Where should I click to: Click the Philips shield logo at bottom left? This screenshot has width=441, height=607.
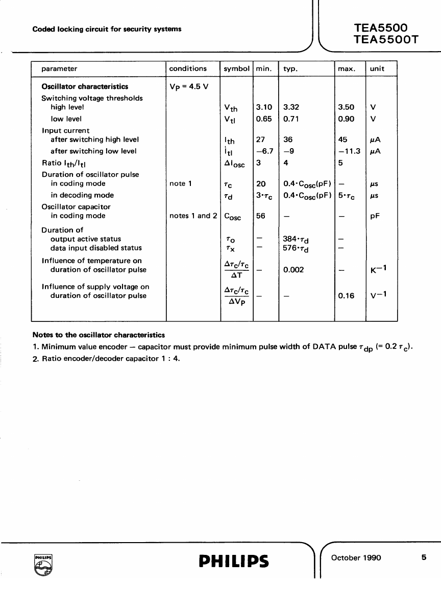click(x=43, y=566)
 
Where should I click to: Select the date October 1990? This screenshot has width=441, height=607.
click(x=356, y=558)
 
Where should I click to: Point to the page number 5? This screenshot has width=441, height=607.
click(x=424, y=558)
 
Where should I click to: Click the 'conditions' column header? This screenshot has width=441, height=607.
click(x=188, y=68)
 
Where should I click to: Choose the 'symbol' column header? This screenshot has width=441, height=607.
click(x=237, y=68)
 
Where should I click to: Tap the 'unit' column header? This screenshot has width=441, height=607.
click(x=377, y=68)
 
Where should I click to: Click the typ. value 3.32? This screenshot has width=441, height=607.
click(x=291, y=107)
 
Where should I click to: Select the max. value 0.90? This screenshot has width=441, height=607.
click(x=346, y=119)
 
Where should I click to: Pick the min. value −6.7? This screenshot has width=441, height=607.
click(x=265, y=151)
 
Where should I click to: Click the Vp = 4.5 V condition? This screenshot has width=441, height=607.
click(x=189, y=87)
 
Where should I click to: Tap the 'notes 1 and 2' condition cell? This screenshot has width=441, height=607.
click(x=193, y=216)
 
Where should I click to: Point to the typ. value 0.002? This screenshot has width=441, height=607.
click(x=293, y=270)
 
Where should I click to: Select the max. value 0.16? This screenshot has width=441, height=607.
click(x=346, y=296)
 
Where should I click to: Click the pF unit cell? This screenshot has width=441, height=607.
click(x=375, y=216)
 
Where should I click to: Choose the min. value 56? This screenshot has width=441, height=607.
click(x=260, y=216)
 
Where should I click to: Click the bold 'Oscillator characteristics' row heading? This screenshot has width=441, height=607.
click(x=85, y=86)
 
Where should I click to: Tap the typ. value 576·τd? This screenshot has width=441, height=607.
click(x=296, y=248)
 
